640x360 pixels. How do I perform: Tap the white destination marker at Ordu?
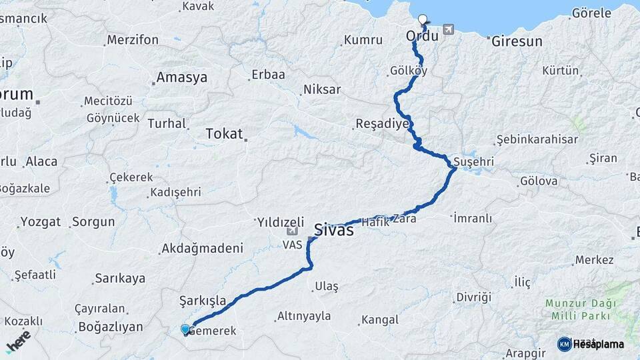point(423,20)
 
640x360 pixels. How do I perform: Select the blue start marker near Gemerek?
point(185,329)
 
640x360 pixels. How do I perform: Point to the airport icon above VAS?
point(292,232)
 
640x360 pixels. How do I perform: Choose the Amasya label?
point(181,78)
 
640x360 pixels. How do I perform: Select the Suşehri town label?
point(473,162)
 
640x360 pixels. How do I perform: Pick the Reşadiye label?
point(381,124)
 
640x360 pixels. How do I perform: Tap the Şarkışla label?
point(203,301)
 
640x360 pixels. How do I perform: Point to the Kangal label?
point(382,320)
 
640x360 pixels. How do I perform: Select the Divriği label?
point(473,297)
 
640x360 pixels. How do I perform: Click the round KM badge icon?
point(564,344)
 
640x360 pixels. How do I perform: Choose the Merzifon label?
point(133,40)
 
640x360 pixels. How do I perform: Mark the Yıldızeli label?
point(280,222)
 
